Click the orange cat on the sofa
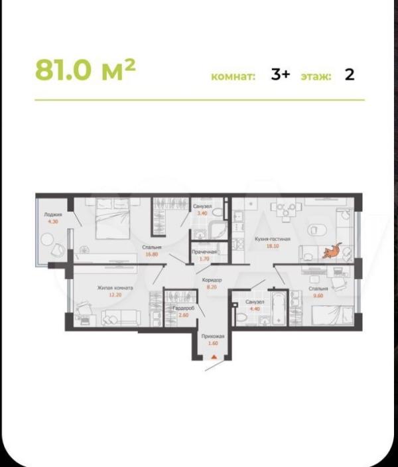tap(330, 251)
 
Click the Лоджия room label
tap(53, 215)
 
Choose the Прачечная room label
tap(205, 252)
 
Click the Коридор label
tap(212, 281)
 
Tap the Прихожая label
tap(214, 337)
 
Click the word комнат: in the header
tap(233, 77)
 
